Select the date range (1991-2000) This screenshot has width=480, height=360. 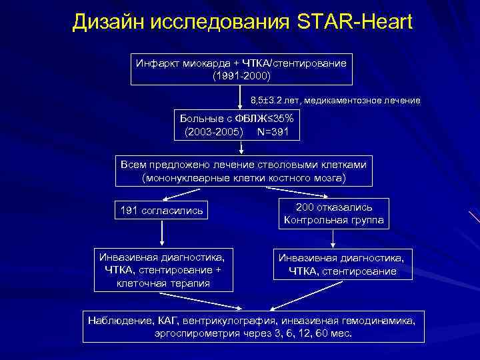(241, 76)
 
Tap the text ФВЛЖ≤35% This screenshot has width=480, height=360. (266, 118)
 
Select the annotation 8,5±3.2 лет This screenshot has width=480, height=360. (279, 101)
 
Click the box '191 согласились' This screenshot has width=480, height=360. (162, 211)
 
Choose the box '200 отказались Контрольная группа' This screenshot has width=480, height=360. (334, 213)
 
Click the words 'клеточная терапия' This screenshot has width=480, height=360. (163, 283)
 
